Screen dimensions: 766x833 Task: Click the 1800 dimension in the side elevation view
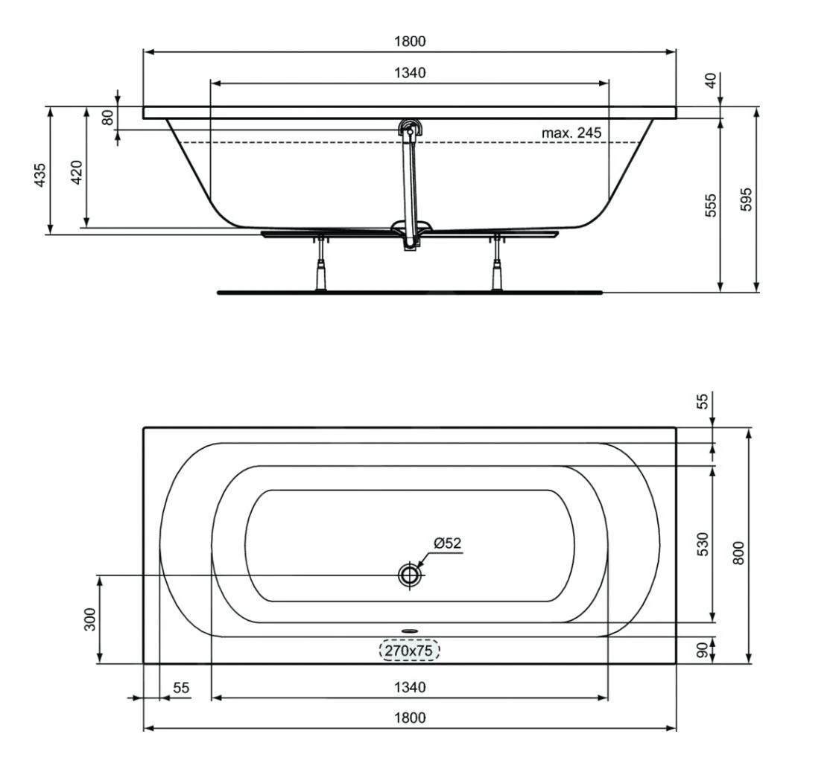[x=410, y=42]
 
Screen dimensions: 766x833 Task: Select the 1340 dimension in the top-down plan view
[x=410, y=687]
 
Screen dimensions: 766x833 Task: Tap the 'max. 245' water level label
[x=571, y=133]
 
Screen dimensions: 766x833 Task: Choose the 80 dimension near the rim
[x=107, y=118]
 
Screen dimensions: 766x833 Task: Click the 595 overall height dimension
[x=747, y=199]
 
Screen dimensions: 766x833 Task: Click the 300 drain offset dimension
[x=89, y=619]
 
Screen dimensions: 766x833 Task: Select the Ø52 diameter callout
[x=448, y=543]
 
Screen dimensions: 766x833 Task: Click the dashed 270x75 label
[x=410, y=651]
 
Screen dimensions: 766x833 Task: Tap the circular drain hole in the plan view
[x=409, y=575]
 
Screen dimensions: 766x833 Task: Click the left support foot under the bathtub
[x=322, y=272]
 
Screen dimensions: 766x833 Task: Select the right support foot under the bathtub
[x=496, y=272]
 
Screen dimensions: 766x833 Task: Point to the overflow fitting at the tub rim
[x=409, y=127]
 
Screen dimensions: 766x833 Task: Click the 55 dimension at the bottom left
[x=181, y=688]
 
